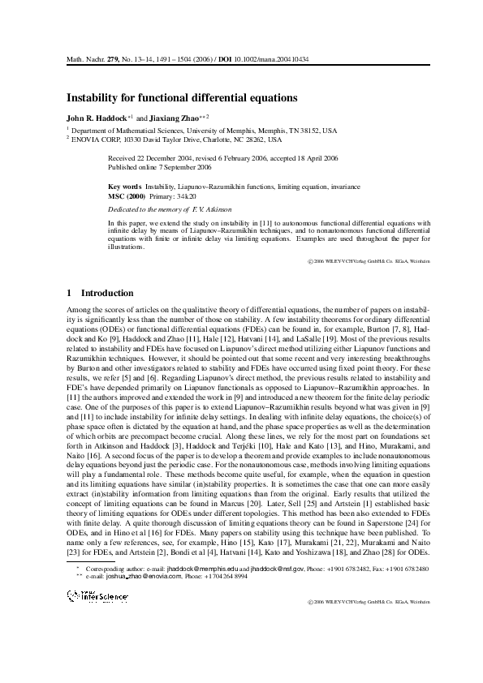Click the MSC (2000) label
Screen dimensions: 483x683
(127, 196)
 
